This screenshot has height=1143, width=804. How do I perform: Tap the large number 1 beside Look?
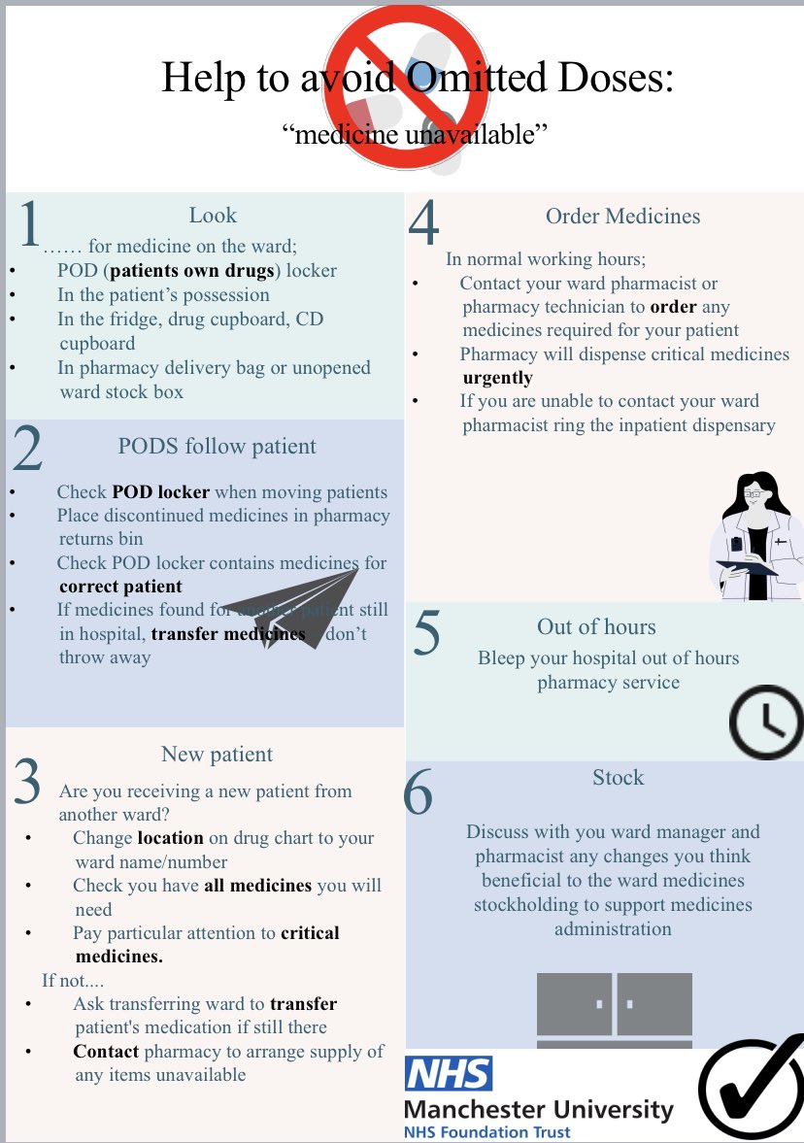pos(30,225)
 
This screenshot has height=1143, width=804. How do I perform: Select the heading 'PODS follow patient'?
pos(217,447)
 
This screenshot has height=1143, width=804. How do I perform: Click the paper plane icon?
pos(291,607)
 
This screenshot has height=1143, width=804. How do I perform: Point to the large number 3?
pos(28,781)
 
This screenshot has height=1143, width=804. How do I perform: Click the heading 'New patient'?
pos(217,754)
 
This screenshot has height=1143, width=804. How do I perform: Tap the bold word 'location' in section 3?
pos(170,837)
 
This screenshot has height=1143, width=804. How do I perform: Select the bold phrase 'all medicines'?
pos(257,885)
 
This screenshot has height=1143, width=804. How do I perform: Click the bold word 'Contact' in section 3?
pos(106,1051)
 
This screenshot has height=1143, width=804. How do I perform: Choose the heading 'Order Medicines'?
pos(622,216)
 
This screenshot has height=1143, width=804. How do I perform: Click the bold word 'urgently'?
pos(497,378)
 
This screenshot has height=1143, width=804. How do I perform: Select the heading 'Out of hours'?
pos(596,626)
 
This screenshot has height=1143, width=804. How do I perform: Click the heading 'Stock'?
pos(618,777)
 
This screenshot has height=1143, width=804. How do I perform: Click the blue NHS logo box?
pos(449,1073)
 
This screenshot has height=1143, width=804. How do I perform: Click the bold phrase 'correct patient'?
pos(120,587)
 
